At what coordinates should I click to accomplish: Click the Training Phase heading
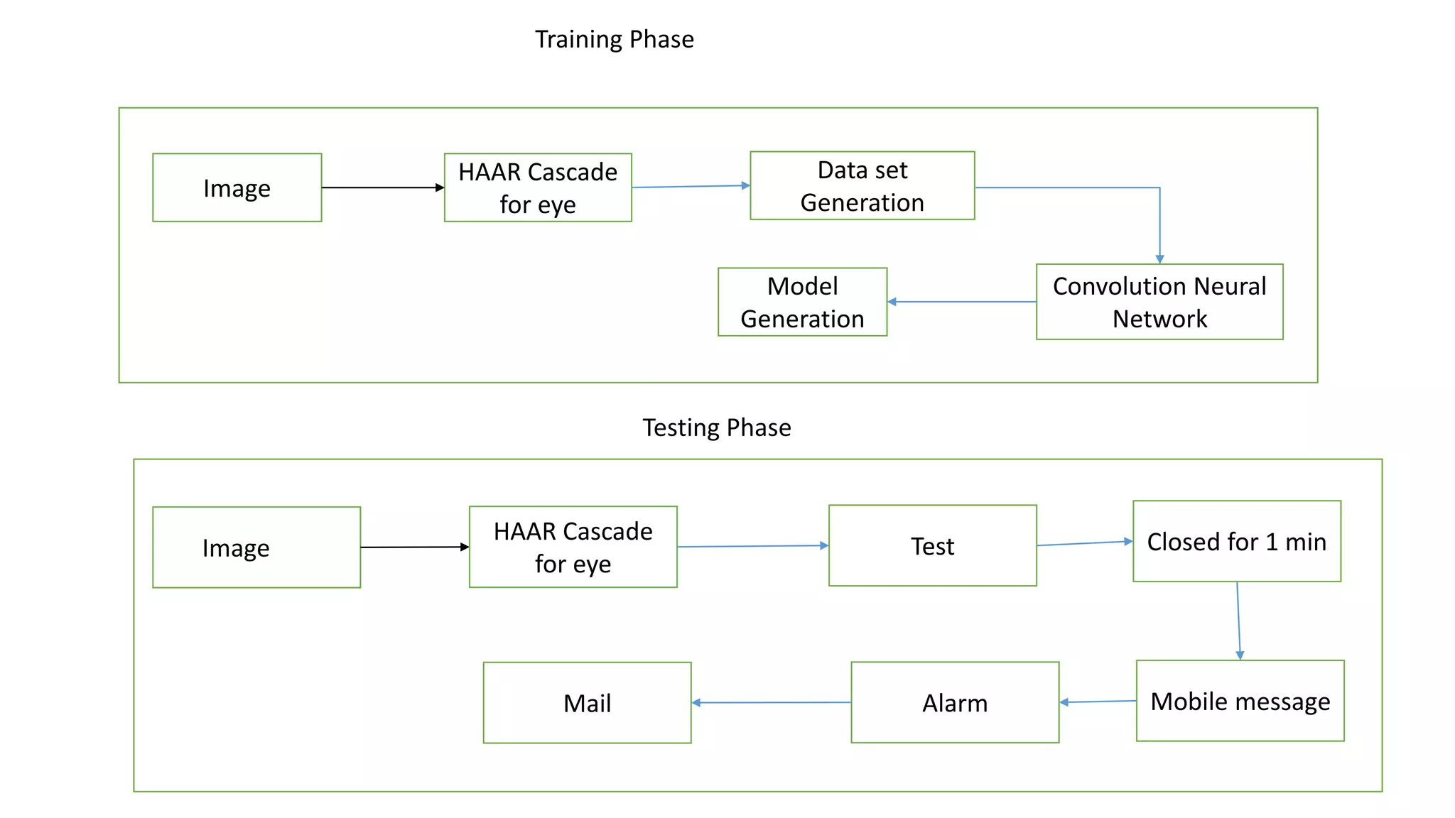(x=614, y=39)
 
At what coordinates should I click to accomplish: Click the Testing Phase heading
(x=716, y=427)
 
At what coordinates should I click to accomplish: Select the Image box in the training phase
(x=237, y=188)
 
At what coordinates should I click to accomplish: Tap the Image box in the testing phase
(x=256, y=547)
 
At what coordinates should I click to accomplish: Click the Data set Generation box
(x=862, y=186)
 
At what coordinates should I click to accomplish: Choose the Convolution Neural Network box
(x=1159, y=302)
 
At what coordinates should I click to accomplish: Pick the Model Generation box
(x=802, y=302)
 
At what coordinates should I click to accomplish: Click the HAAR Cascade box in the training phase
(x=538, y=187)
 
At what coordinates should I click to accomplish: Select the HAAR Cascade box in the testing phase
(x=573, y=547)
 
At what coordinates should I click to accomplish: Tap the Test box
(x=932, y=546)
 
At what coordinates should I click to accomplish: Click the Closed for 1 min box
(x=1236, y=542)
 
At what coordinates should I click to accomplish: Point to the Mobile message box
(x=1240, y=701)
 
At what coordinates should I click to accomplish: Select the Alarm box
(x=954, y=703)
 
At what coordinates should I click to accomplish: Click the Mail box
(x=587, y=703)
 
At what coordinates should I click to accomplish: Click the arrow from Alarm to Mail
(x=771, y=703)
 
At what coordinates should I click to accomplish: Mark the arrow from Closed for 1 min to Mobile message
(x=1238, y=621)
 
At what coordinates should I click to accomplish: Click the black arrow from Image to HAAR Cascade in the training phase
(x=382, y=187)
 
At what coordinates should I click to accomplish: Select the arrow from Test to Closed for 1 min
(x=1084, y=543)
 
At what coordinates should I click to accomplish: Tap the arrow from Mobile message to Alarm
(x=1098, y=702)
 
